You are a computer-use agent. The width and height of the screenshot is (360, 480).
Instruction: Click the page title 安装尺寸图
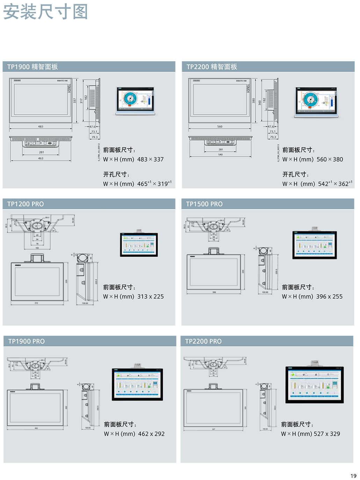click(x=45, y=12)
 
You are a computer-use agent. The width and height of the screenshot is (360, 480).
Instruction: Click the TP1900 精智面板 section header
click(x=33, y=67)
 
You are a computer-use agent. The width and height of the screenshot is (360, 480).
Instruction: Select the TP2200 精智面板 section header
click(x=212, y=67)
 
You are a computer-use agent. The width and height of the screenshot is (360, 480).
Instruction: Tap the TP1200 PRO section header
click(x=26, y=204)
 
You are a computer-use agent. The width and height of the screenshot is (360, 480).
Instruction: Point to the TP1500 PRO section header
click(x=204, y=204)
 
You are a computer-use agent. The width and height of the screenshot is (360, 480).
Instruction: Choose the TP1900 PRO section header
click(x=26, y=342)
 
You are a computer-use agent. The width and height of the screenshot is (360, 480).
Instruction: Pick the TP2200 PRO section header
click(x=203, y=342)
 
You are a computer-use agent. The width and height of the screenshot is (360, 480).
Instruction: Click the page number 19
click(x=353, y=476)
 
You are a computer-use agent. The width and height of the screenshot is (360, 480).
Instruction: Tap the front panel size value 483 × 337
click(x=150, y=159)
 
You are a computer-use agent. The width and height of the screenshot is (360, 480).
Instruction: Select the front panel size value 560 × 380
click(x=330, y=159)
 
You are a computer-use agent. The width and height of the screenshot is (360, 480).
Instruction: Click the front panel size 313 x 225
click(x=150, y=297)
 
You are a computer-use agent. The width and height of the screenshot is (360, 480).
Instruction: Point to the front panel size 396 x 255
click(x=329, y=297)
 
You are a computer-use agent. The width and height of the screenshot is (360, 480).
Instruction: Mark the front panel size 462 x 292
click(x=151, y=434)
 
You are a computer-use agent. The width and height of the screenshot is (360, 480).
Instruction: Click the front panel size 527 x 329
click(x=327, y=434)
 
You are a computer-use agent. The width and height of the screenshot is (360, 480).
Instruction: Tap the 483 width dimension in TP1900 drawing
click(x=41, y=127)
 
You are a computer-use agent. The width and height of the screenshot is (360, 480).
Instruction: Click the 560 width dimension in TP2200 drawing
click(x=219, y=127)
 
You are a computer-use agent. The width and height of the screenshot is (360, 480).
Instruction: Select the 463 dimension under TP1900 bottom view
click(x=41, y=158)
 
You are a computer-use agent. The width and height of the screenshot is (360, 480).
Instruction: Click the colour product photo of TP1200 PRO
click(x=139, y=244)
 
